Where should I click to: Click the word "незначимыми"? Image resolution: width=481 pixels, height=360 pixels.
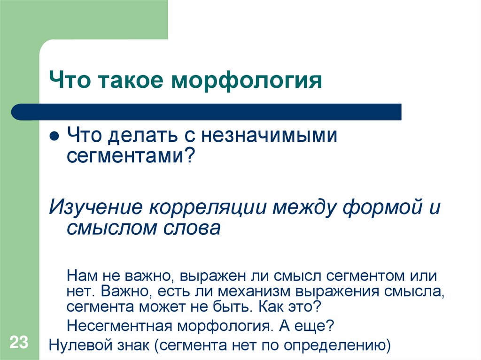click(x=270, y=136)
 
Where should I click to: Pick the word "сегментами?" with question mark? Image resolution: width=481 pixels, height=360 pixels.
click(x=130, y=155)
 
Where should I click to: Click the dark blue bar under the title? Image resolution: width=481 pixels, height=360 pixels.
click(x=207, y=112)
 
